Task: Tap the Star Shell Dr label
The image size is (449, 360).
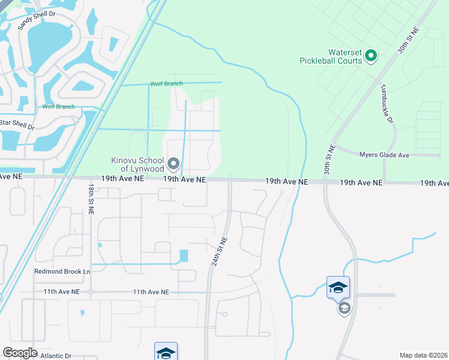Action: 16,124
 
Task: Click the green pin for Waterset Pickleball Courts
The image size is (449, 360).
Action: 371,56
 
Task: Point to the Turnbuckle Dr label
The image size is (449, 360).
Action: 386,103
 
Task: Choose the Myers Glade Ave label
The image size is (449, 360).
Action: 384,155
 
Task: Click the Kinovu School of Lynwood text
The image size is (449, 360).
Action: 137,164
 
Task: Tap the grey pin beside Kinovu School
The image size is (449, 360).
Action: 174,163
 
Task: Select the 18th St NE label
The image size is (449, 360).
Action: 89,196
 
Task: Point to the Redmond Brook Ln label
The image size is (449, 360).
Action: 62,271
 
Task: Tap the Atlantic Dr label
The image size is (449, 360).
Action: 56,355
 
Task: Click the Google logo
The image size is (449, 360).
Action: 20,353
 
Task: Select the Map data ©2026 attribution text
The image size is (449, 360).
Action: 423,355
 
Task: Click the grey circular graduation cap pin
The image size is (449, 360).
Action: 344,308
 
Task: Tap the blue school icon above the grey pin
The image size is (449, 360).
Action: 338,287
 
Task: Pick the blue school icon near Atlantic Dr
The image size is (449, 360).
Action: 166,352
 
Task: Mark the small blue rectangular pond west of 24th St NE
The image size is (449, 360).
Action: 184,256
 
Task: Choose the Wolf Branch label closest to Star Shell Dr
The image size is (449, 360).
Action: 58,107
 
